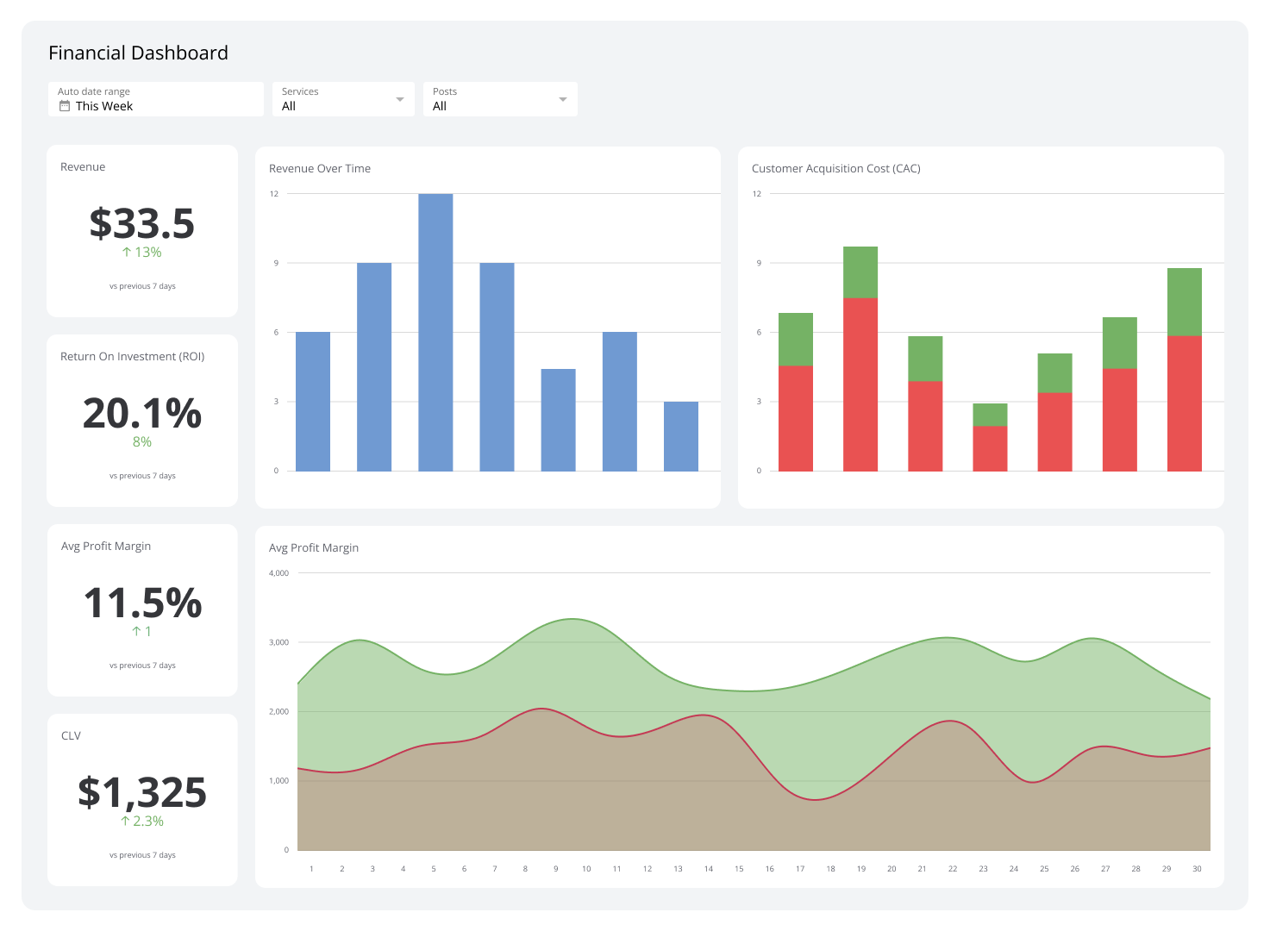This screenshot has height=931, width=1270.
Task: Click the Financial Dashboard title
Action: coord(138,53)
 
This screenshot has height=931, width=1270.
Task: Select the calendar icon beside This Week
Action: coord(65,106)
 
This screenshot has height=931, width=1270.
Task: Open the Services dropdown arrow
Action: coord(399,100)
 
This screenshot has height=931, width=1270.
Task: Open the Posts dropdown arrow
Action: coord(562,100)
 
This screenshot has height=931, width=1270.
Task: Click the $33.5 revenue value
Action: coord(142,223)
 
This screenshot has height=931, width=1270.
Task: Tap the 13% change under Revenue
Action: coord(142,253)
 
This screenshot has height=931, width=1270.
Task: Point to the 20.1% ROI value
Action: coord(142,413)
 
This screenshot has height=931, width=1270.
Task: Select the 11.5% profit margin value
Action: coord(142,603)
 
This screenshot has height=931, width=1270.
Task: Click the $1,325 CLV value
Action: coord(142,792)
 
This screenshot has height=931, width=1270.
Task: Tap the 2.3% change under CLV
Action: coord(142,822)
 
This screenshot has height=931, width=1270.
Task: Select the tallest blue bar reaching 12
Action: coord(435,332)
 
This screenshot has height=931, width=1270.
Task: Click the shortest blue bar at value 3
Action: coord(681,436)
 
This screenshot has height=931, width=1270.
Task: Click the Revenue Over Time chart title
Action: coord(320,169)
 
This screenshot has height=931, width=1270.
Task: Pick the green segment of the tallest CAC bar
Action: coord(860,272)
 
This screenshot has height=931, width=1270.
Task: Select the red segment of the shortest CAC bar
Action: coord(990,448)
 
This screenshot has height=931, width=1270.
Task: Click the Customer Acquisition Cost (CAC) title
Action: coord(835,169)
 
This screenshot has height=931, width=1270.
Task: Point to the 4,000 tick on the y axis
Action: coord(278,573)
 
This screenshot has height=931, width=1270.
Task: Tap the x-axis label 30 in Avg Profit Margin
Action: coord(1197,869)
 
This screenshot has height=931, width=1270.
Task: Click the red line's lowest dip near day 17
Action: coord(815,800)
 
